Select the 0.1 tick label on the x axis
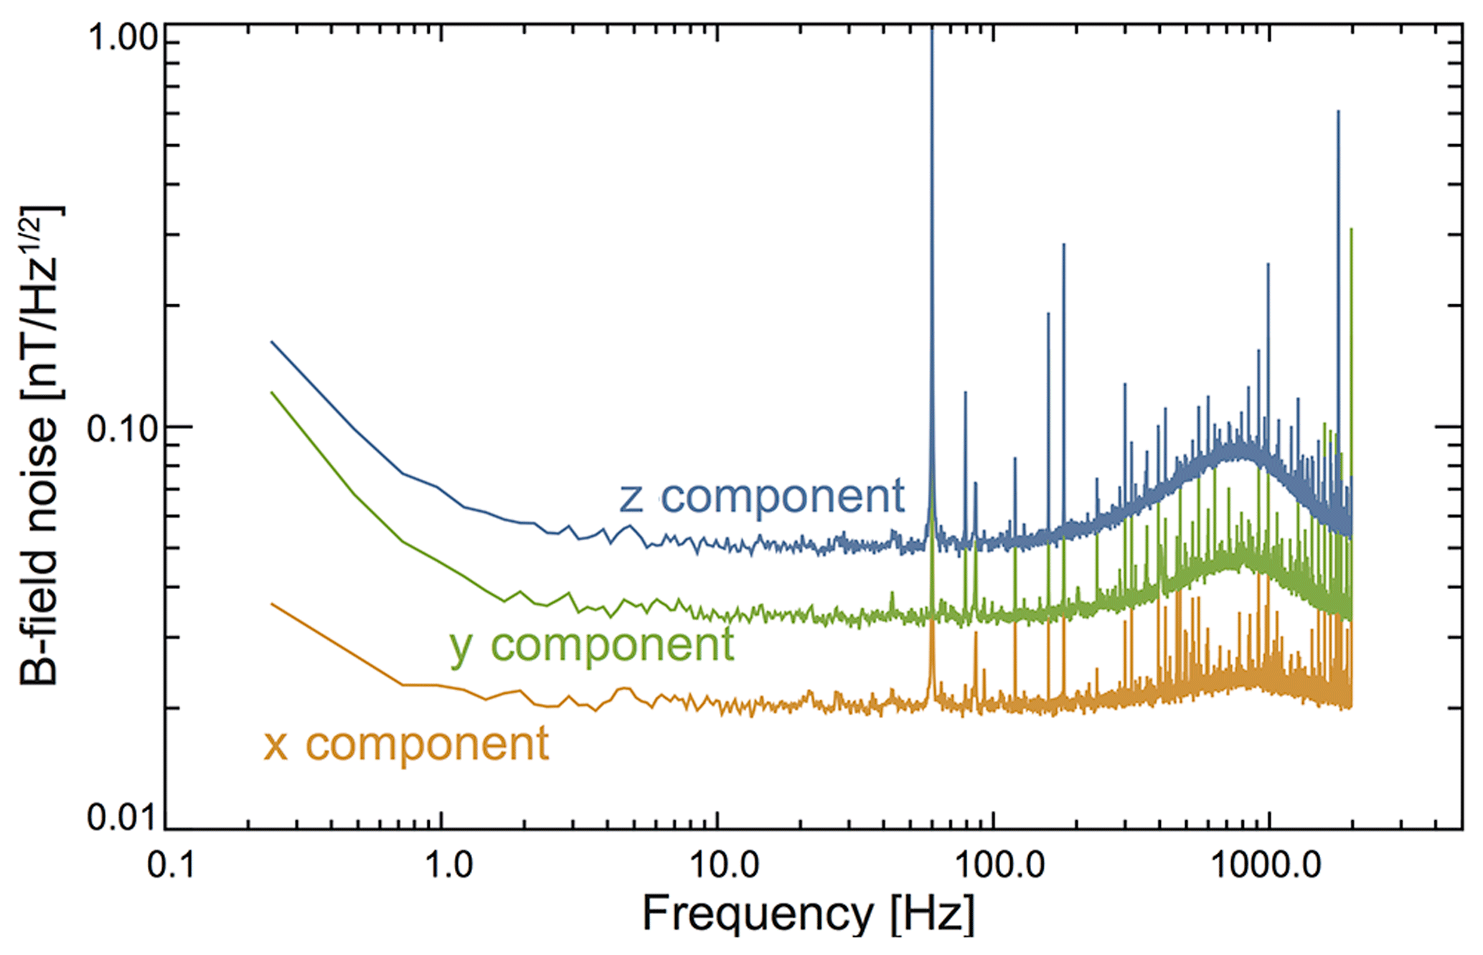[x=171, y=865]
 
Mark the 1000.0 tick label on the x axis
[x=1266, y=865]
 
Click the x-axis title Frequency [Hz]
[x=808, y=915]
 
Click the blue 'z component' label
[x=762, y=497]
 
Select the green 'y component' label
[x=592, y=645]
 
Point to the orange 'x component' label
[x=407, y=744]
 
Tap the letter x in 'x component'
[x=276, y=745]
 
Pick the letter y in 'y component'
[x=461, y=648]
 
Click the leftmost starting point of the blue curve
[x=271, y=342]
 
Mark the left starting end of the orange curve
[x=271, y=604]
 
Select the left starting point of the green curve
[x=271, y=392]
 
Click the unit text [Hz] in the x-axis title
[x=932, y=915]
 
